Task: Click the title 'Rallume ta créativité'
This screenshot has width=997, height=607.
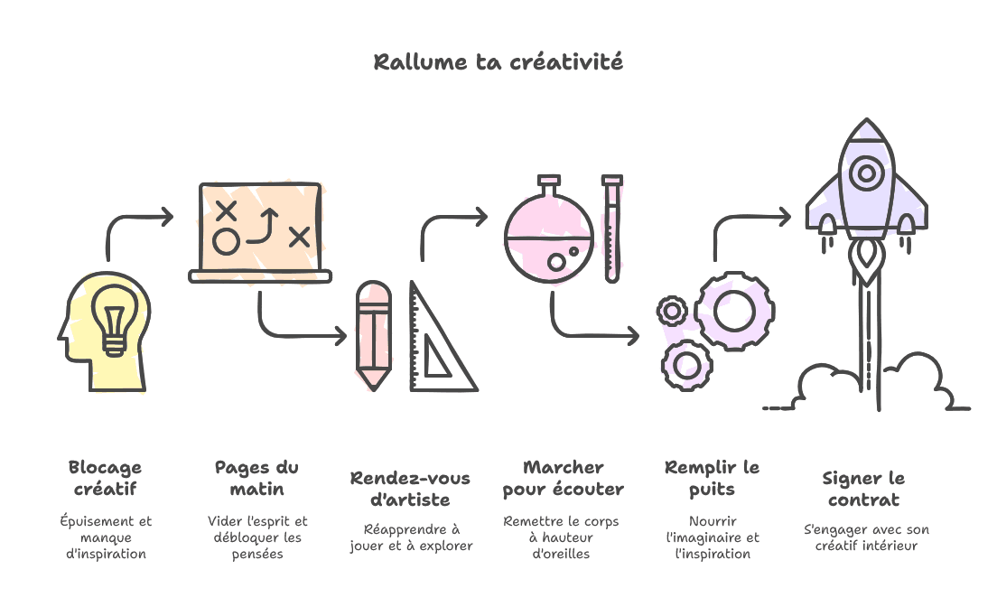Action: (498, 62)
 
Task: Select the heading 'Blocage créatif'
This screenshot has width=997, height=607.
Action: (105, 479)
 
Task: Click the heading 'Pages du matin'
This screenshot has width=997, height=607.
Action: (256, 479)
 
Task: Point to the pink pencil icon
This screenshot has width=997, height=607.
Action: (373, 335)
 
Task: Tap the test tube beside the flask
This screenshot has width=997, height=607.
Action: (612, 229)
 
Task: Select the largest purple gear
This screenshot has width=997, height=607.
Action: (734, 311)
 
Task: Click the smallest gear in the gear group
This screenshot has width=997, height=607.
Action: (672, 311)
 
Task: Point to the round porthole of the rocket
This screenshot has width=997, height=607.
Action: (867, 173)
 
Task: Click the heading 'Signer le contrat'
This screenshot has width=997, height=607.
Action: (863, 490)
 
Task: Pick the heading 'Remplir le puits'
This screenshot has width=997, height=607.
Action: (713, 479)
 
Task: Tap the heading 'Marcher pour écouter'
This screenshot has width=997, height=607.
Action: (564, 479)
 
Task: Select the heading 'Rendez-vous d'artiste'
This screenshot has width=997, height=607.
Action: (410, 490)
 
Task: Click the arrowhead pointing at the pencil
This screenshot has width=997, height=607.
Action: (341, 335)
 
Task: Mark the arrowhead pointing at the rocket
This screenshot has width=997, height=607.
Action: (786, 216)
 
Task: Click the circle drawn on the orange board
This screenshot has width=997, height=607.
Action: (227, 242)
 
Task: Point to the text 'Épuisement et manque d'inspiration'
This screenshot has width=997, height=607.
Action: (107, 537)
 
